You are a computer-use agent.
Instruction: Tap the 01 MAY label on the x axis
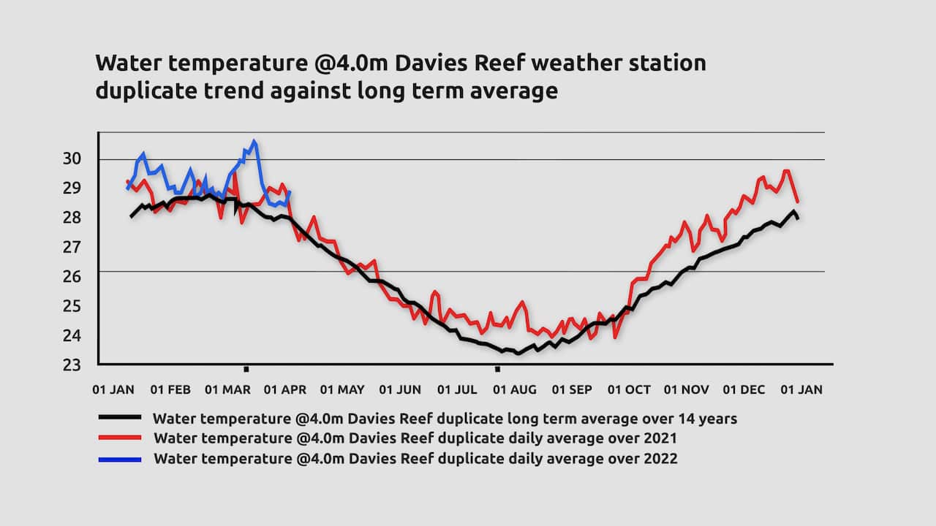342,390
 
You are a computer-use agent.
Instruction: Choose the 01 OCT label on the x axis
629,390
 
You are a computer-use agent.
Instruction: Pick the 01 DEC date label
743,390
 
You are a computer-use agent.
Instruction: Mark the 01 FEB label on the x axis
170,390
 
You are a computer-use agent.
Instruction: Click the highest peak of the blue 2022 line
254,142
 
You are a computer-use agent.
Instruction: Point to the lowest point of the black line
518,353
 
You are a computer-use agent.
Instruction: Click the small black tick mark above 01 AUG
498,369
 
